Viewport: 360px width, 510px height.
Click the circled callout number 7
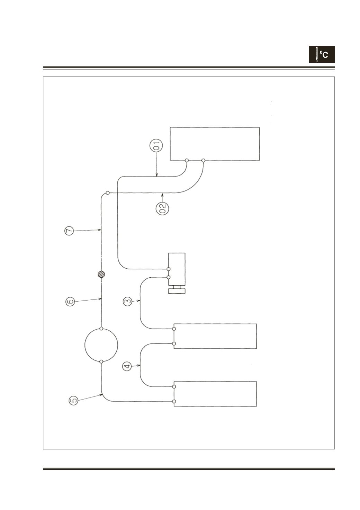69,231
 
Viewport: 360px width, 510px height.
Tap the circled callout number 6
70,302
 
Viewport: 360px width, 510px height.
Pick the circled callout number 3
128,302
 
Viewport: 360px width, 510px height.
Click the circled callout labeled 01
156,145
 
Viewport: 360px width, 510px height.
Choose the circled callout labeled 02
162,208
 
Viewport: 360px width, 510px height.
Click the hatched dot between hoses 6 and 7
101,274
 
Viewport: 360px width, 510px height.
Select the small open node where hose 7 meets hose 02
108,193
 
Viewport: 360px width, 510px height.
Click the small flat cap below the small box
177,291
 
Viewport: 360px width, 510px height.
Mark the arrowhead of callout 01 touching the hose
157,175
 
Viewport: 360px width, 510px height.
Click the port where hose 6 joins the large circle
101,329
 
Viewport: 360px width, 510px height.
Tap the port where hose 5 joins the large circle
101,361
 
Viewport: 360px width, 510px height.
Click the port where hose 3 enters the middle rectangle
174,329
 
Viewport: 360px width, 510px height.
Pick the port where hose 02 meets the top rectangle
204,161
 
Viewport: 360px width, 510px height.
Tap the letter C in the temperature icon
325,55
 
